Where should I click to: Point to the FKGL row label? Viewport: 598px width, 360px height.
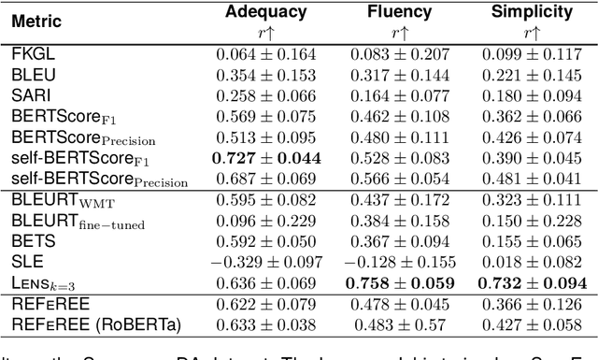tap(31, 54)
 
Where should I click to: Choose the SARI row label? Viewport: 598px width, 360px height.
tap(30, 95)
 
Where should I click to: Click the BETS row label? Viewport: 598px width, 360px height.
tap(31, 239)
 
